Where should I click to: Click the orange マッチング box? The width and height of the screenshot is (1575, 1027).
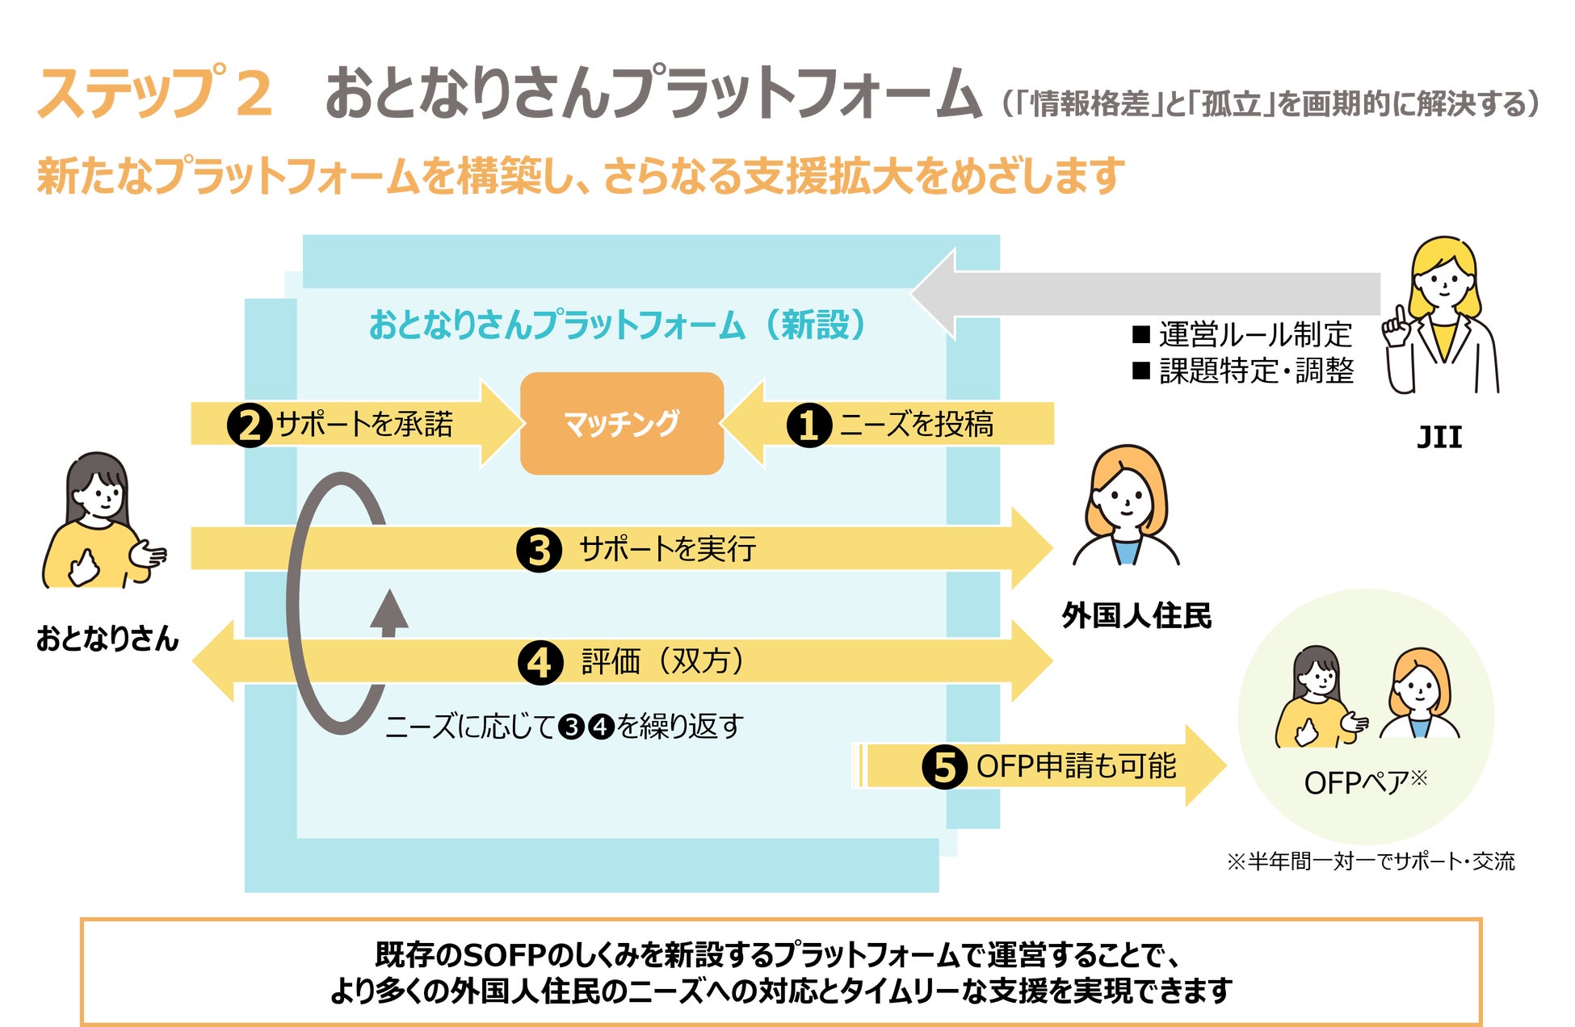tap(621, 423)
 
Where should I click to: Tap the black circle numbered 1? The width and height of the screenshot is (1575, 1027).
tap(808, 425)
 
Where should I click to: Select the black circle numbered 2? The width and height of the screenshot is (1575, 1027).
tap(249, 425)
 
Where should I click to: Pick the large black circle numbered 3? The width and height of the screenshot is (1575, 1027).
tap(539, 550)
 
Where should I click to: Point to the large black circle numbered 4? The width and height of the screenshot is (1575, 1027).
tap(540, 662)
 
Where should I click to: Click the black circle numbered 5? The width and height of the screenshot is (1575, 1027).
tap(944, 766)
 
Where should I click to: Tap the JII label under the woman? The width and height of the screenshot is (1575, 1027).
tap(1439, 437)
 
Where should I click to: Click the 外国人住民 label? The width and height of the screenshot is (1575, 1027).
tap(1136, 615)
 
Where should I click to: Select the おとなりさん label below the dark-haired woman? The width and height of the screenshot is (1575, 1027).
tap(107, 639)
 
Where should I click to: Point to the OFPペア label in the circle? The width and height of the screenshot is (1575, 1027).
tap(1365, 782)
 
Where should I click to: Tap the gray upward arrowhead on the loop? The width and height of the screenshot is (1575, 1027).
tap(389, 610)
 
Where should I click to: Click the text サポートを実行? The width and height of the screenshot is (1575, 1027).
tap(667, 550)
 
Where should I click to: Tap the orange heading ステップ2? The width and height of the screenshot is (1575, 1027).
tap(153, 93)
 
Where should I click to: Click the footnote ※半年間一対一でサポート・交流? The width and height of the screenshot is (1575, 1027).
tap(1371, 861)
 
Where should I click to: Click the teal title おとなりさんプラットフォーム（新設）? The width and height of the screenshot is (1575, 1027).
tap(618, 325)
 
